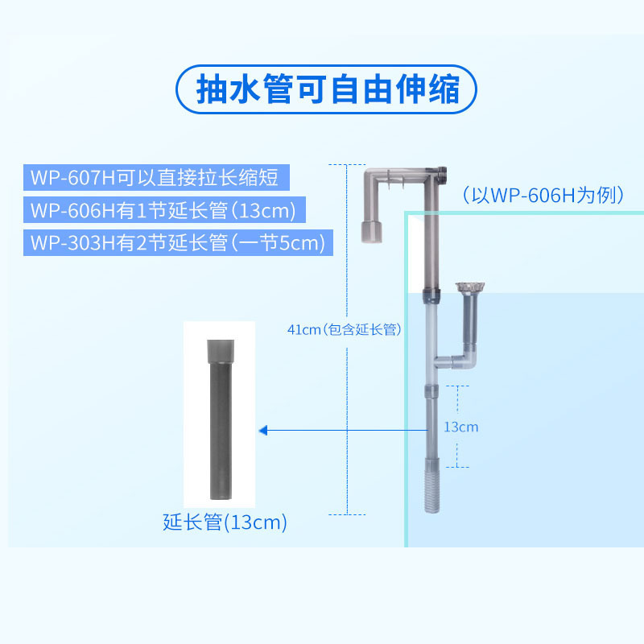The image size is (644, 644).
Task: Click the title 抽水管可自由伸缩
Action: [x=327, y=89]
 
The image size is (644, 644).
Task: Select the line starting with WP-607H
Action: [x=155, y=177]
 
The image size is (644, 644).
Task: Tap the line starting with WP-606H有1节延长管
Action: [x=163, y=210]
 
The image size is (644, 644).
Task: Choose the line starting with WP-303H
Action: [x=177, y=242]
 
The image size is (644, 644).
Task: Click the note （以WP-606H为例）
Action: [x=543, y=195]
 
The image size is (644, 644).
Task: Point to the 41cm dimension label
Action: [x=345, y=329]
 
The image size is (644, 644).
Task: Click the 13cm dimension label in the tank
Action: [x=460, y=427]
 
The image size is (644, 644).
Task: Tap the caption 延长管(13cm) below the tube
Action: [x=225, y=522]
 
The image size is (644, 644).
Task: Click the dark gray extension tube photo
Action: [x=220, y=419]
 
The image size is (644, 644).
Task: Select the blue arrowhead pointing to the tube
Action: [x=264, y=431]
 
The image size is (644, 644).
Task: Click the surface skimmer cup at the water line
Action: [x=470, y=287]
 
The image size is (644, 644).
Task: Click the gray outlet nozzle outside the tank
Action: [x=372, y=232]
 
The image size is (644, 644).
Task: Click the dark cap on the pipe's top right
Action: [x=442, y=175]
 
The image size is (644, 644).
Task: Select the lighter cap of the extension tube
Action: [x=221, y=350]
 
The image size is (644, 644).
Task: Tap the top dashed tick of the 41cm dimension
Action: [x=347, y=165]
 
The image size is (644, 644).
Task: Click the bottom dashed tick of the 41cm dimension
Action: [x=347, y=514]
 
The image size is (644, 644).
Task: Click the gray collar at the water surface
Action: [x=431, y=295]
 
